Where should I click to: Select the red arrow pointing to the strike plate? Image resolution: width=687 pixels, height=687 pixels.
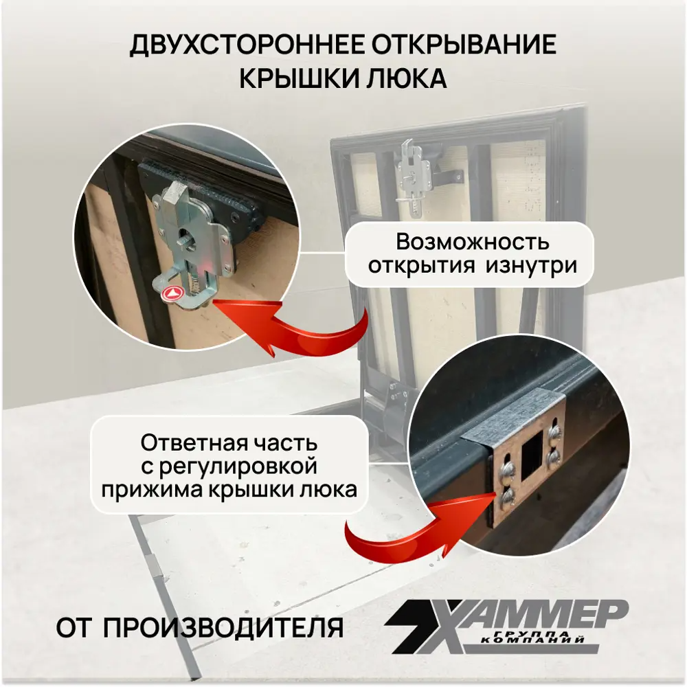click(x=405, y=528)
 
